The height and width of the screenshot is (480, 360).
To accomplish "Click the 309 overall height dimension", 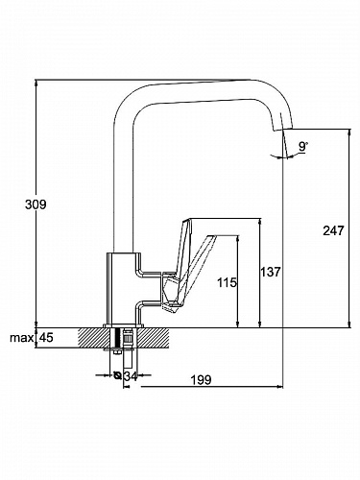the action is click(x=36, y=204).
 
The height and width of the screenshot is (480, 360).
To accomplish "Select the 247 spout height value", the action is click(x=333, y=230).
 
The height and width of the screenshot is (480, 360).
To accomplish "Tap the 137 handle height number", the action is click(x=270, y=272).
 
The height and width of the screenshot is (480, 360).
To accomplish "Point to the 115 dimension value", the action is click(x=227, y=282).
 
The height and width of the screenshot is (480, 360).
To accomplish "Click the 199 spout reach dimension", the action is click(x=202, y=380).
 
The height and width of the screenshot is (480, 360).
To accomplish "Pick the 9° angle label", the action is click(x=302, y=147).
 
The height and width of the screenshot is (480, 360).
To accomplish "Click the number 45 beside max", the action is click(x=46, y=337).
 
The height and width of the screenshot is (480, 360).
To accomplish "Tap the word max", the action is click(x=21, y=338).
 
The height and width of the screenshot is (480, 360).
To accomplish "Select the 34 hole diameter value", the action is click(x=131, y=376).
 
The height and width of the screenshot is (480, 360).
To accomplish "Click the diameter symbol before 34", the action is click(x=117, y=375).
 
